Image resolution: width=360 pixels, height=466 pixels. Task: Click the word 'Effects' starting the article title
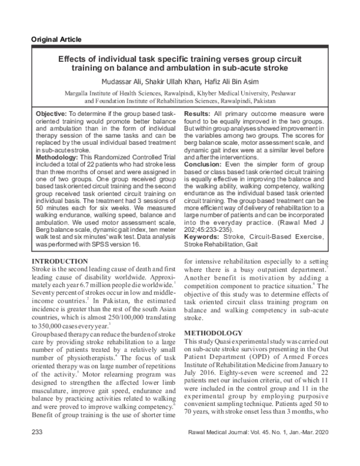coord(72,59)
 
